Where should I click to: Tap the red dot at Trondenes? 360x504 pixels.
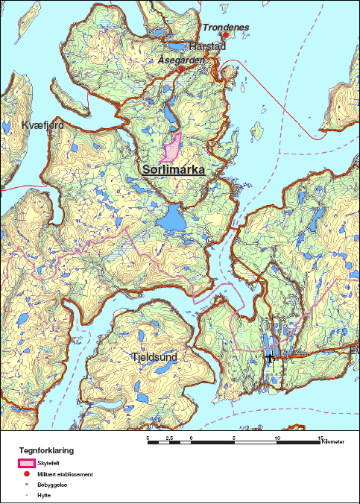[x=225, y=34]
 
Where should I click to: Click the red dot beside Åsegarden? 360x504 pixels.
[x=180, y=69]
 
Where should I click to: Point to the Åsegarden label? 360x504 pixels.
[x=181, y=60]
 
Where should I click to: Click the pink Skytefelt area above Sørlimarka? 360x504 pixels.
[x=173, y=148]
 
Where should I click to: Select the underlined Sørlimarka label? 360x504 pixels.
[x=173, y=170]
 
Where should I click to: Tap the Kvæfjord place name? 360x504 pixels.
[x=42, y=125]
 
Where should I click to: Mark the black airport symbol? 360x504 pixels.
[x=271, y=359]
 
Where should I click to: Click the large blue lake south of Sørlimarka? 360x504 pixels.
[x=174, y=220]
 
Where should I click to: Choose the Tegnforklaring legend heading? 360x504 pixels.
[x=46, y=451]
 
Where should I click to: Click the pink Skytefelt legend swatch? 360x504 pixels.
[x=27, y=464]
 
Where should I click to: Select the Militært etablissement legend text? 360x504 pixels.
[x=65, y=474]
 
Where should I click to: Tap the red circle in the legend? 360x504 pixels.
[x=27, y=474]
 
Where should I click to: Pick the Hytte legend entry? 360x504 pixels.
[x=43, y=494]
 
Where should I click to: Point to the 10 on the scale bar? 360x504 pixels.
[x=277, y=438]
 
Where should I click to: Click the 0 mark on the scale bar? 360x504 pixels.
[x=192, y=438]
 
